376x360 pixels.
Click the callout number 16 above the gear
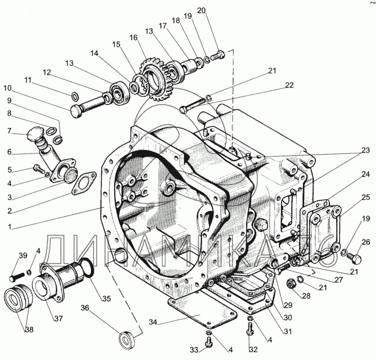click(x=134, y=38)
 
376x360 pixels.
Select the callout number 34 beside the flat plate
click(x=153, y=322)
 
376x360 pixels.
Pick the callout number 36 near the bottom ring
click(x=85, y=308)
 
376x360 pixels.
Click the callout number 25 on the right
click(x=365, y=197)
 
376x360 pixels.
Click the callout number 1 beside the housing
click(x=10, y=227)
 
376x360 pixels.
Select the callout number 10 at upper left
click(x=8, y=88)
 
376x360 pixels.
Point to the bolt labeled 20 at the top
click(x=218, y=55)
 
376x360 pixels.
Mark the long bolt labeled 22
click(x=192, y=106)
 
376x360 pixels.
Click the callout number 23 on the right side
click(x=365, y=151)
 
